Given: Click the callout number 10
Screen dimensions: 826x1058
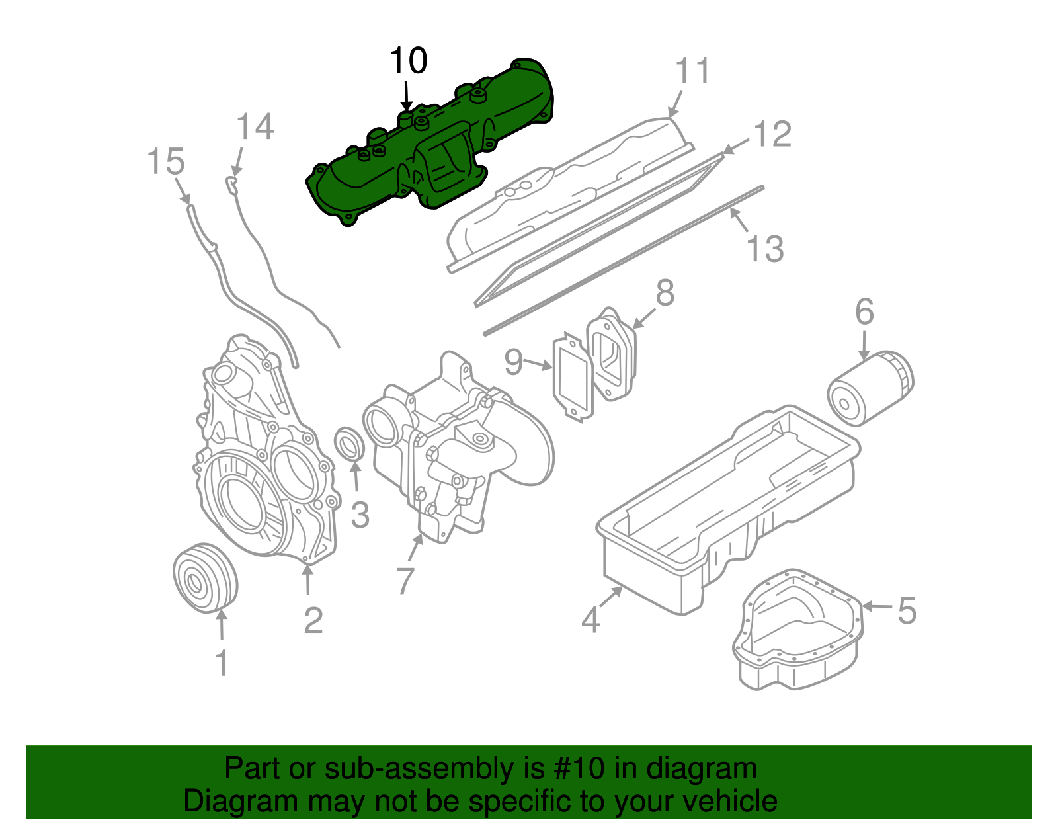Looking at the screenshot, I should click(408, 61).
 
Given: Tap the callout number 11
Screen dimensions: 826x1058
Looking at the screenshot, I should click(692, 71).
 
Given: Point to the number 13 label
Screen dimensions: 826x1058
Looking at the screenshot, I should click(764, 249).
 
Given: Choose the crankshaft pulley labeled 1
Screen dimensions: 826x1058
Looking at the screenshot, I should click(204, 578).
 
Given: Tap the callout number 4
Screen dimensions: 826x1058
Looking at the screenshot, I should click(590, 620).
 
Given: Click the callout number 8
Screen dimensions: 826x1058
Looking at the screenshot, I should click(665, 292).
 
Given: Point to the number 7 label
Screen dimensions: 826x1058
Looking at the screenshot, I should click(405, 580).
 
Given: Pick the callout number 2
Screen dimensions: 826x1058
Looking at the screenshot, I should click(313, 620).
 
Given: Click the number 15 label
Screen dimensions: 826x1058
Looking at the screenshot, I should click(165, 162).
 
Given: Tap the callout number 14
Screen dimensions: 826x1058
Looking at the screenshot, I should click(255, 126).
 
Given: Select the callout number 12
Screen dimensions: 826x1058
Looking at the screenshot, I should click(772, 134).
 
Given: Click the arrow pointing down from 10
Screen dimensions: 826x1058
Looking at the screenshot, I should click(407, 97).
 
